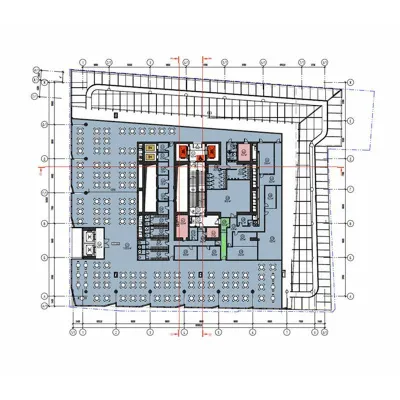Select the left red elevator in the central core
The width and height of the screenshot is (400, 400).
183,152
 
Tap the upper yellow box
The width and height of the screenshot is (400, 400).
150,149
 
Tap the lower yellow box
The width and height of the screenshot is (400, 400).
150,158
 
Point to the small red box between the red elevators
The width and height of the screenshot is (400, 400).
197,157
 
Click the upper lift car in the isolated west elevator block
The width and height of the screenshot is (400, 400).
94,235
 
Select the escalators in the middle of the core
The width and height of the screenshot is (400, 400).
197,185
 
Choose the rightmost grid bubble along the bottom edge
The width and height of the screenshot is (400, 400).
329,331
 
